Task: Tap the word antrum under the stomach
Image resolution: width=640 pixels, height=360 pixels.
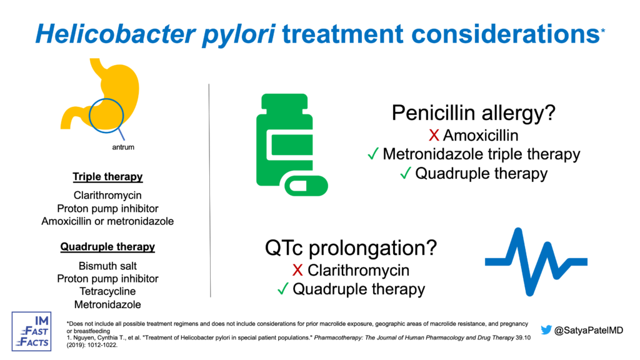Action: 123,147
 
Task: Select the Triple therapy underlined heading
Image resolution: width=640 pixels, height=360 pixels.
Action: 107,177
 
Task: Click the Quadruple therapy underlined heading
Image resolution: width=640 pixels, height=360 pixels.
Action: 107,246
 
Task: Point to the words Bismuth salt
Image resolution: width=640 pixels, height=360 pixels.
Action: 107,266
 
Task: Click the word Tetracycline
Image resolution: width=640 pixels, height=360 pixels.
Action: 107,291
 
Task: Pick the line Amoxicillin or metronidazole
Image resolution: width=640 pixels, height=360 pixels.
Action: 107,221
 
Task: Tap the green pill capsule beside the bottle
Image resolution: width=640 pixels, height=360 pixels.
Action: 306,186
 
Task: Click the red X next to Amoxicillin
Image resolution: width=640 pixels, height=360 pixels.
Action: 434,135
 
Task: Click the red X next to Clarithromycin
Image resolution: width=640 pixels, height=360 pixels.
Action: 297,270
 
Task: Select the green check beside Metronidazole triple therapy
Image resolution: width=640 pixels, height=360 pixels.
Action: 373,154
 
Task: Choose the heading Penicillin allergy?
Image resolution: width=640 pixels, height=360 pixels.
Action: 474,112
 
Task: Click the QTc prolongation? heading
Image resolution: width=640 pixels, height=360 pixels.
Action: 351,247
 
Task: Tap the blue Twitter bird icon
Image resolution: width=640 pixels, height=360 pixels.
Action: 546,330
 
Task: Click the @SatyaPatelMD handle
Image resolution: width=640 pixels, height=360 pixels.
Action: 589,330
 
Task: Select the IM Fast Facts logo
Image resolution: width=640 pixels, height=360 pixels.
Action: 31,331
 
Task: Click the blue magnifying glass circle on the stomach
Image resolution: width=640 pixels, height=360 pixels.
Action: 90,116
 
